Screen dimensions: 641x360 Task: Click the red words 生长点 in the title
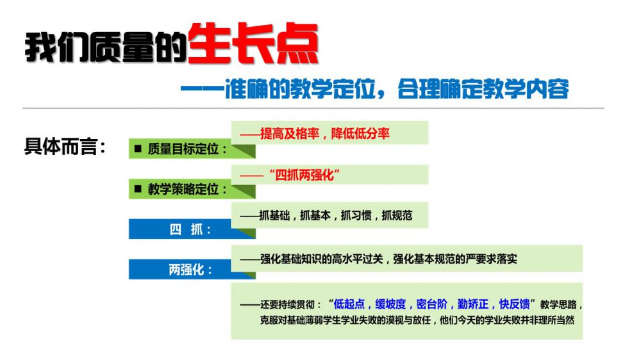253,44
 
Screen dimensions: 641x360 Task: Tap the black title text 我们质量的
106,47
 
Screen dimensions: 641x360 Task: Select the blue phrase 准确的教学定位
300,88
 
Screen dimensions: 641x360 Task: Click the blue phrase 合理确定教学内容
483,88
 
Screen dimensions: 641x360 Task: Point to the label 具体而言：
65,146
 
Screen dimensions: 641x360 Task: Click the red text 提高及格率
290,134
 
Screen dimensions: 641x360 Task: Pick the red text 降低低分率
360,134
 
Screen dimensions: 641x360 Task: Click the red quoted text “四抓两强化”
304,176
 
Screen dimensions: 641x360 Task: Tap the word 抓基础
274,215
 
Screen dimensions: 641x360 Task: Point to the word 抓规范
397,215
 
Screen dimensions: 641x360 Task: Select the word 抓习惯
356,215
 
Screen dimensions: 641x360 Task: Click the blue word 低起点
349,304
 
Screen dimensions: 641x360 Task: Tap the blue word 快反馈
514,304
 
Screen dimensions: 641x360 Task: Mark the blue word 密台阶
431,304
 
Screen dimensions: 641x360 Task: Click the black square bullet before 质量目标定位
138,149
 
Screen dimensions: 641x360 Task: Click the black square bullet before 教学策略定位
138,189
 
